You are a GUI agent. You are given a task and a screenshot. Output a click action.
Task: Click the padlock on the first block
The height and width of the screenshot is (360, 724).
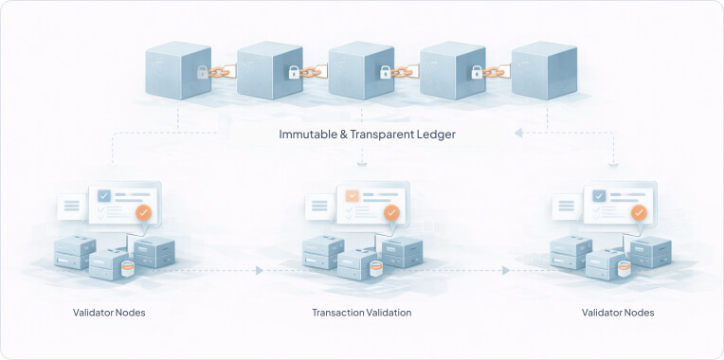202,72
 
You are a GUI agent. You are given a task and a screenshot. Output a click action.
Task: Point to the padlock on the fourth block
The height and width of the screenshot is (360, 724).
477,72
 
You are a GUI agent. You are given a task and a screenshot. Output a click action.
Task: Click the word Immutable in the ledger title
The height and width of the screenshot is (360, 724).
308,135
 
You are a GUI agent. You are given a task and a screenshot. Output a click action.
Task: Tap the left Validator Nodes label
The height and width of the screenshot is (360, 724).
109,313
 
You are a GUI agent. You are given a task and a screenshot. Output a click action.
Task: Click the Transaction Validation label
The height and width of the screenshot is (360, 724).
362,313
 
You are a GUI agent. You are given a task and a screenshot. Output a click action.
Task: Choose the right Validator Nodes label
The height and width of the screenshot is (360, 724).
617,313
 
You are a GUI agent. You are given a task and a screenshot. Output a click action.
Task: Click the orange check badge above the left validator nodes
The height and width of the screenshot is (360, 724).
143,213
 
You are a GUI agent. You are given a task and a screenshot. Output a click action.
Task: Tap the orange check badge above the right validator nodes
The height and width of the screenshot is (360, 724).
640,213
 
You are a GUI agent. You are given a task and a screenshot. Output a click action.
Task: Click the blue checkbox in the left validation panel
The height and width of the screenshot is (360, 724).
104,196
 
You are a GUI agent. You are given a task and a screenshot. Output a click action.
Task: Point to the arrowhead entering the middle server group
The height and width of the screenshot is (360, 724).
259,271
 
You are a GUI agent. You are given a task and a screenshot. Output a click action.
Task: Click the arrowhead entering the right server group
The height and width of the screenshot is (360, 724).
506,271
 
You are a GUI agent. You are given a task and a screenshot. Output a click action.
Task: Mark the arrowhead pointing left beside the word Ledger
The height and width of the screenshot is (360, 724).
519,135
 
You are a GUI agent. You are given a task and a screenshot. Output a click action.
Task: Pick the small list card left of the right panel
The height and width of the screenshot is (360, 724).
567,206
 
